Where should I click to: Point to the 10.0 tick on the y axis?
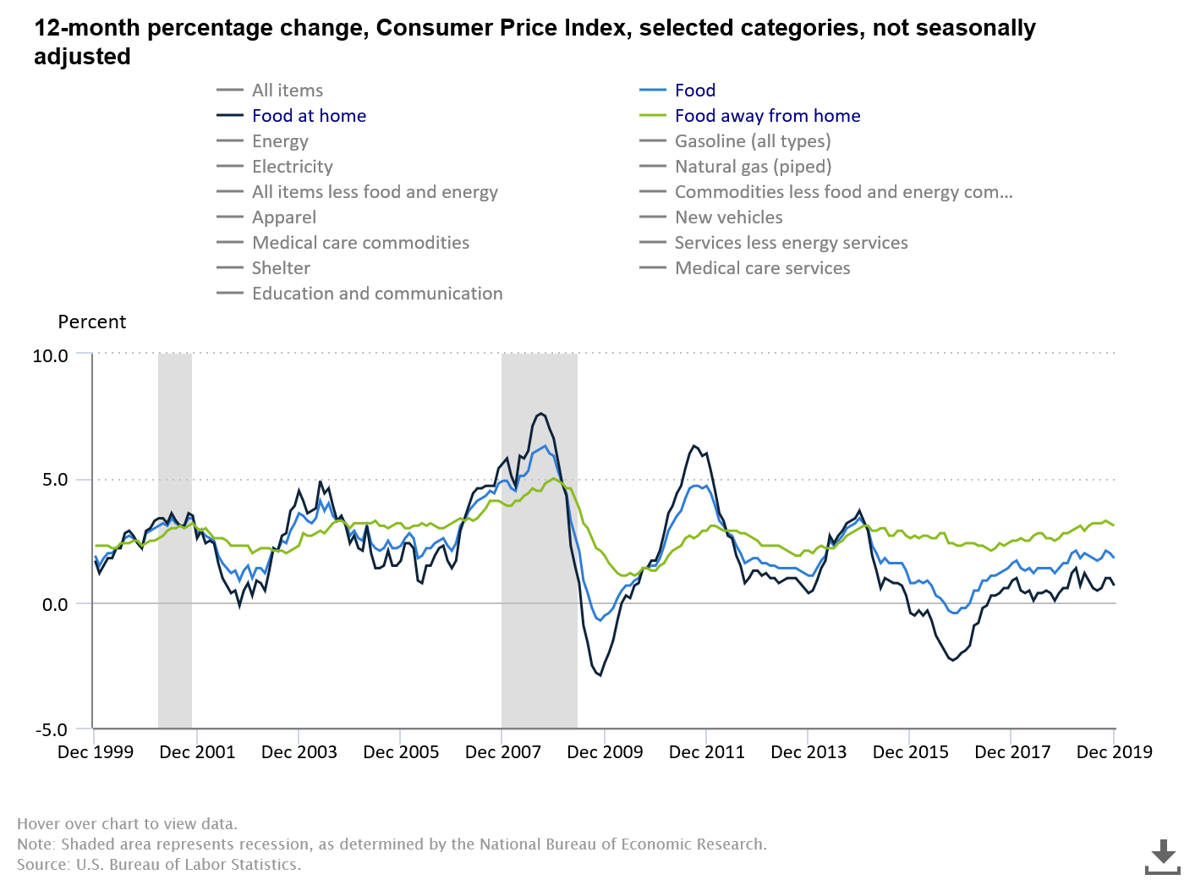[x=50, y=356]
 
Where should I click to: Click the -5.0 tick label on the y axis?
[x=50, y=730]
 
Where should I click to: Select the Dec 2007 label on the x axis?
[x=503, y=752]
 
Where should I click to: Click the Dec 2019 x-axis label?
[x=1114, y=752]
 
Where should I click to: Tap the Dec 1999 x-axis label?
[x=96, y=752]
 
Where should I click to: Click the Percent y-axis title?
[x=91, y=322]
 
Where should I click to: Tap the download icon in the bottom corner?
[x=1162, y=856]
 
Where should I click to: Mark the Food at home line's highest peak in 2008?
[x=540, y=414]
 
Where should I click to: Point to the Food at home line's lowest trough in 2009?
[x=600, y=674]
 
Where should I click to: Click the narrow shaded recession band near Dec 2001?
[x=175, y=542]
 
